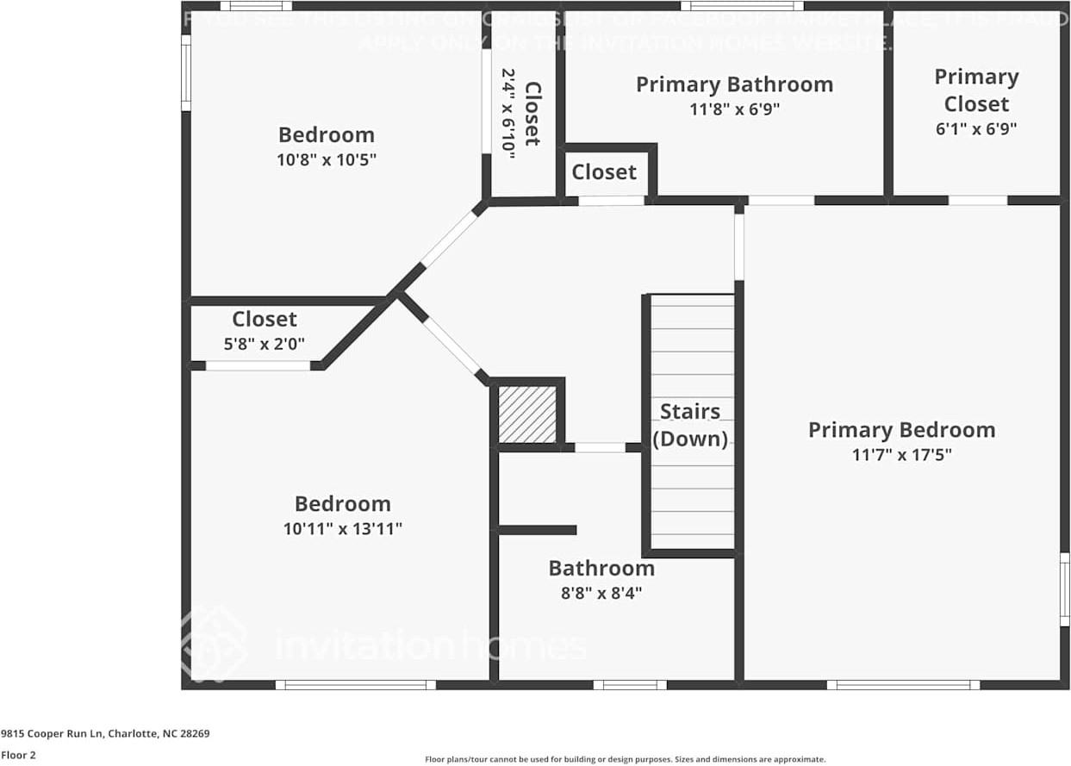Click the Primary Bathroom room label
pos(734,84)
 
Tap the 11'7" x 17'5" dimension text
pos(901,455)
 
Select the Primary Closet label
pos(976,90)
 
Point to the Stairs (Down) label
pos(689,425)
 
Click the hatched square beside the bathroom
pos(527,414)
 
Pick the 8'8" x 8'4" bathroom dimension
pos(601,593)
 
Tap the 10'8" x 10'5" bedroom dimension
pos(327,159)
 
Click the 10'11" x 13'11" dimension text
pos(343,528)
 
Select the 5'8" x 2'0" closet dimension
pos(265,344)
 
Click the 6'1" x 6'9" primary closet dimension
pos(976,128)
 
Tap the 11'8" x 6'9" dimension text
pos(734,109)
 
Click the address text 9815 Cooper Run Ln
pos(105,734)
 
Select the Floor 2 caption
pos(18,755)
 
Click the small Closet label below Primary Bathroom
pos(604,171)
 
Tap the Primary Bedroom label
pos(901,429)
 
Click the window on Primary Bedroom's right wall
pos(1064,589)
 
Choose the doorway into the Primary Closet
pos(977,201)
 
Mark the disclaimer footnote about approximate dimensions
pos(625,759)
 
